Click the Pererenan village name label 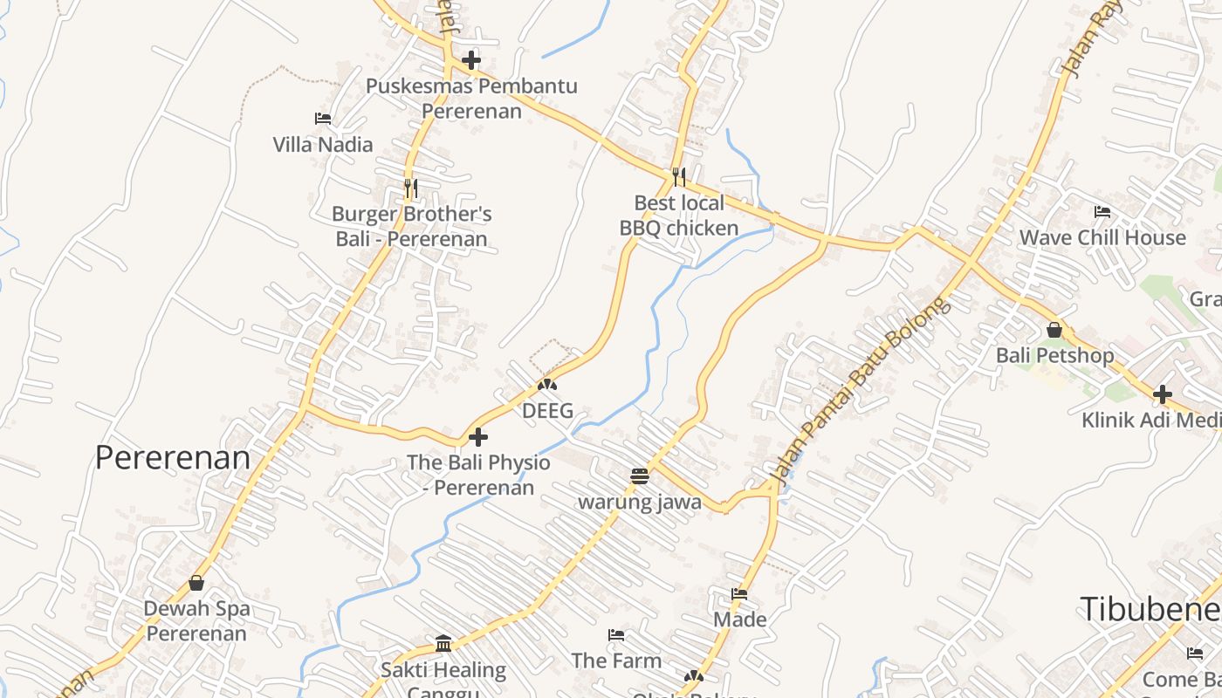tap(173, 457)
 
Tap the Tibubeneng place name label tap(1150, 609)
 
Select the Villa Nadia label tap(323, 145)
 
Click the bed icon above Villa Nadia tap(323, 119)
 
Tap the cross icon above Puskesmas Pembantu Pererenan tap(471, 60)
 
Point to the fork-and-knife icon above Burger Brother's tap(411, 187)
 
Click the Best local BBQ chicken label tap(679, 216)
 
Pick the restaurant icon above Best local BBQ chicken tap(679, 176)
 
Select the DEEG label tap(547, 410)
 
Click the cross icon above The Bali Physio tap(478, 436)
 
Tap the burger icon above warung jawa tap(640, 476)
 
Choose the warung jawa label tap(640, 503)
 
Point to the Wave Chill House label tap(1102, 237)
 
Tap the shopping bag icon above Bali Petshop tap(1054, 330)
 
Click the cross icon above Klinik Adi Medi tap(1162, 394)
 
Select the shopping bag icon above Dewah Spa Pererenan tap(196, 583)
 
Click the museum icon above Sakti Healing tap(443, 644)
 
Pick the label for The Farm tap(616, 660)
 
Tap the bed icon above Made tap(739, 594)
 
